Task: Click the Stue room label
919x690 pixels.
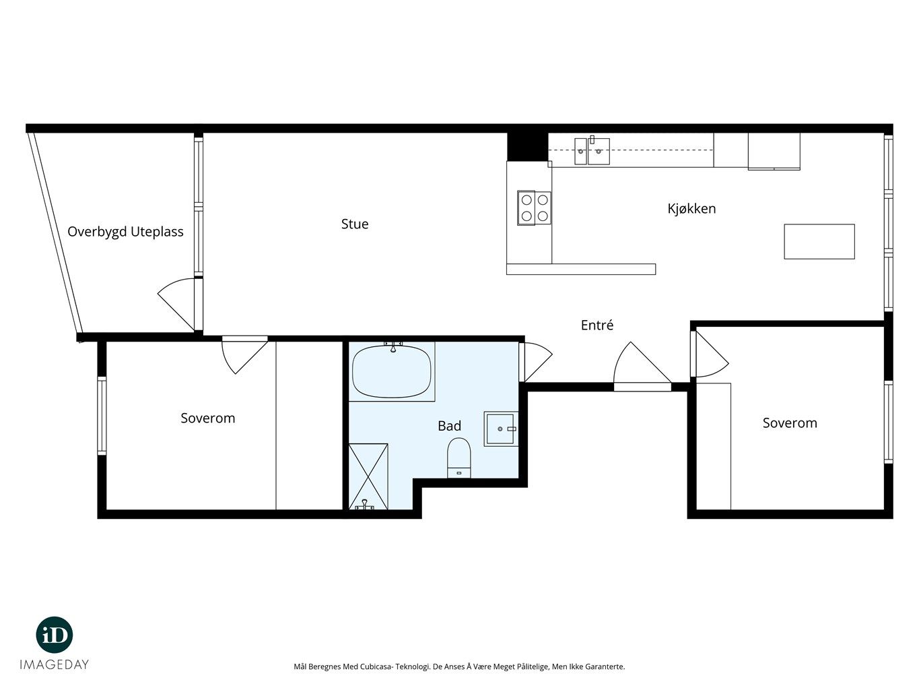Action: tap(355, 224)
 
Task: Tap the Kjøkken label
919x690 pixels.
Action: tap(691, 209)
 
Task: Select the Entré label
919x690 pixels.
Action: tap(597, 325)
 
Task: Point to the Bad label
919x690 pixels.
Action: tap(449, 426)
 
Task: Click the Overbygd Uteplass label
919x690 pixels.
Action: tap(126, 232)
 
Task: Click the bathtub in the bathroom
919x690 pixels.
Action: tap(392, 371)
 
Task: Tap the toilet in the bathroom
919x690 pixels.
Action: tap(459, 458)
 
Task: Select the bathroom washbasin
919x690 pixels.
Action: tap(501, 429)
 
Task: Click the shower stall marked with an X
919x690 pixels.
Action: tap(368, 476)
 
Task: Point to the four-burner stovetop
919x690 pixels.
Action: tap(535, 208)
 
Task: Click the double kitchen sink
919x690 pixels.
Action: tap(592, 151)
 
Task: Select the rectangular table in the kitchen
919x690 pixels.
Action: tap(819, 241)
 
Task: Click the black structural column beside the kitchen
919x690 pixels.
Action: tap(528, 147)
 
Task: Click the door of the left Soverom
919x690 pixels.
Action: tap(244, 354)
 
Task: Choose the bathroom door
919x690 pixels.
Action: tap(535, 362)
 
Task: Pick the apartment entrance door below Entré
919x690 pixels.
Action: tap(642, 367)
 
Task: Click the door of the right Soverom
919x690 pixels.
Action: tap(709, 354)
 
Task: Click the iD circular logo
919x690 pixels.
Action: tap(55, 635)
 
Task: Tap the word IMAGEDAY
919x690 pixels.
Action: tap(55, 664)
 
